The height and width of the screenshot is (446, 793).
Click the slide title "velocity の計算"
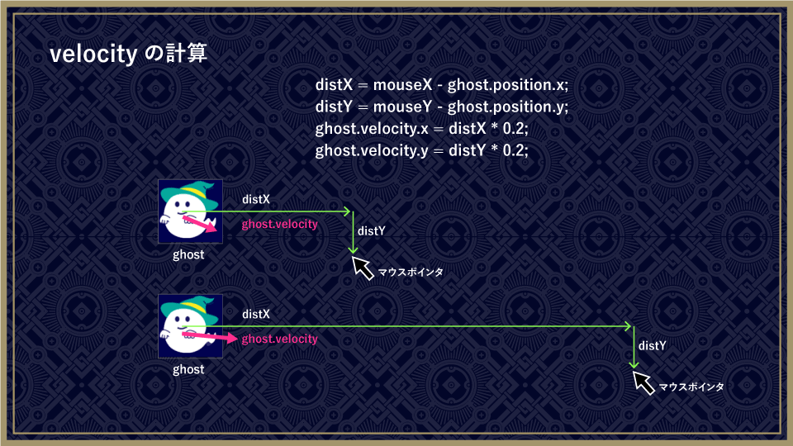pyautogui.click(x=129, y=54)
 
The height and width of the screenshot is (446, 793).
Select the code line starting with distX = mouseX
pyautogui.click(x=441, y=84)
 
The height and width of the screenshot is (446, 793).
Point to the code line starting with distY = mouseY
pyautogui.click(x=441, y=107)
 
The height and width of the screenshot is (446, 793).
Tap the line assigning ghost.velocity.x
pyautogui.click(x=422, y=129)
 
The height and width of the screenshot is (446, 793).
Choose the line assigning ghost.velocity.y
pyautogui.click(x=422, y=150)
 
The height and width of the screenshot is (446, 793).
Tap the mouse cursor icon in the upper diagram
pyautogui.click(x=363, y=268)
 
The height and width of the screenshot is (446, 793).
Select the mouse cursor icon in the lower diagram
pyautogui.click(x=643, y=382)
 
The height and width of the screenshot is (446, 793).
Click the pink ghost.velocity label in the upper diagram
pyautogui.click(x=280, y=224)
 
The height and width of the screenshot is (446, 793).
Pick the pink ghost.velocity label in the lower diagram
pyautogui.click(x=280, y=339)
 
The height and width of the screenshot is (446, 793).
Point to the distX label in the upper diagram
pyautogui.click(x=256, y=199)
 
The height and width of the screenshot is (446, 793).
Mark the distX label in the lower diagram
pyautogui.click(x=256, y=314)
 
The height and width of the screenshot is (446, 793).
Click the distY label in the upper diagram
pyautogui.click(x=371, y=231)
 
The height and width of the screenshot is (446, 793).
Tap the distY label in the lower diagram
pyautogui.click(x=652, y=346)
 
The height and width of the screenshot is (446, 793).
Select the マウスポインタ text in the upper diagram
pyautogui.click(x=411, y=272)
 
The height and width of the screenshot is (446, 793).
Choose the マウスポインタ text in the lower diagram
pyautogui.click(x=691, y=387)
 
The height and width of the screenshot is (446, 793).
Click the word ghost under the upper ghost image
pyautogui.click(x=188, y=254)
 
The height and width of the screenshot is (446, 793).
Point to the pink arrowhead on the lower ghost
pyautogui.click(x=231, y=339)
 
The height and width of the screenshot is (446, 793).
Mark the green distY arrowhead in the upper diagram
pyautogui.click(x=353, y=250)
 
